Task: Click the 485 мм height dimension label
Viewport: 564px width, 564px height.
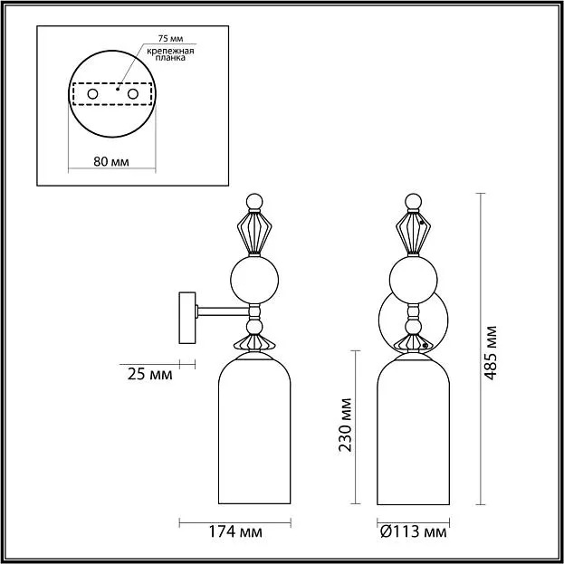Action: (491, 353)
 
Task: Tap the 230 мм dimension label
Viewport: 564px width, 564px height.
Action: (346, 425)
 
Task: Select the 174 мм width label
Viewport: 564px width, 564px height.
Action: (235, 531)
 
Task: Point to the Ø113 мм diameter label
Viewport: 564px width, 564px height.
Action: (414, 531)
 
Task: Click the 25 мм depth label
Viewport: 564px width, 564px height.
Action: (150, 375)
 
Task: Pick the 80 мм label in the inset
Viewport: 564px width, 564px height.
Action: (111, 162)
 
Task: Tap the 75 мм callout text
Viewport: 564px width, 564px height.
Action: (170, 39)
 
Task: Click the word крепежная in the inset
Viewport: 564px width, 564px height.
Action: (170, 51)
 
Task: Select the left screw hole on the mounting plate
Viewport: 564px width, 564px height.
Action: (92, 94)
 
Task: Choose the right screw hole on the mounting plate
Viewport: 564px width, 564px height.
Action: (133, 94)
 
